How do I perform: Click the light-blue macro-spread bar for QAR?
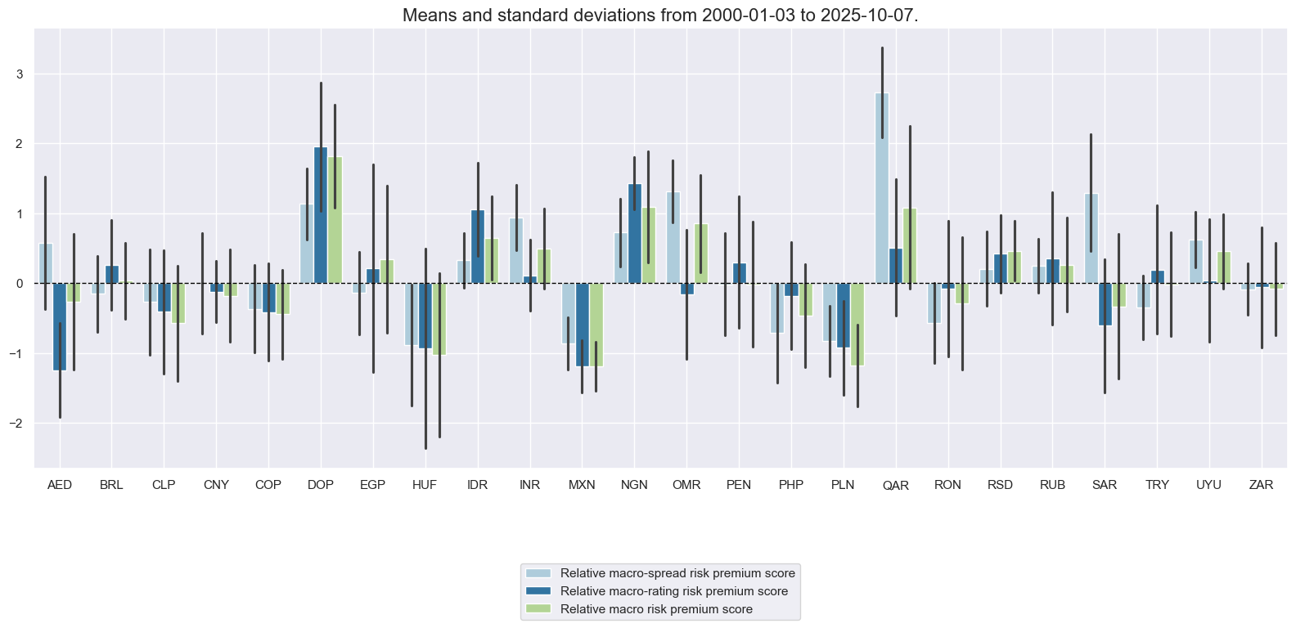click(x=882, y=188)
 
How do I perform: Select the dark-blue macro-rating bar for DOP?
click(x=321, y=215)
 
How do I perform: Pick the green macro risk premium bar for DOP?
click(x=335, y=220)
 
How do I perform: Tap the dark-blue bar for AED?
click(x=60, y=327)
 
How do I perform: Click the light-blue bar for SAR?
click(x=1091, y=239)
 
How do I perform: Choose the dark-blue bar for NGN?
click(x=634, y=234)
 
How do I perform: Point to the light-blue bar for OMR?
click(x=673, y=238)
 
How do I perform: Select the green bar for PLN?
click(x=857, y=324)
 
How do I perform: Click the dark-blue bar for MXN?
click(x=582, y=325)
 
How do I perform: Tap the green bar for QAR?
click(x=910, y=246)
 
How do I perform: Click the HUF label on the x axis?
click(x=425, y=485)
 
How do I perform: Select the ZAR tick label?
click(x=1261, y=485)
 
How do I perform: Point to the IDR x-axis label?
click(x=477, y=485)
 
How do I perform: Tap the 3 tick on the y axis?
click(x=20, y=74)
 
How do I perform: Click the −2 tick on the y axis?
click(x=17, y=424)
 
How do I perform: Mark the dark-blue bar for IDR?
click(x=478, y=247)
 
